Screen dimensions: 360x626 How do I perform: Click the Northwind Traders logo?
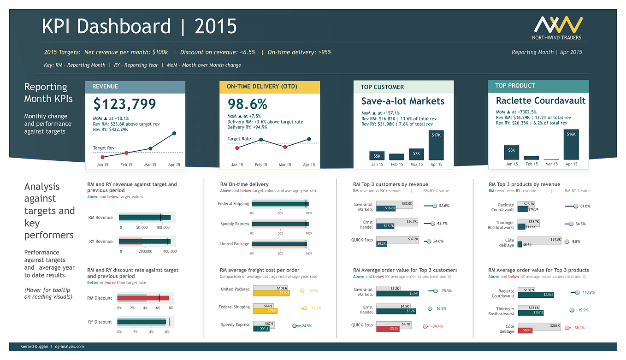tap(557, 28)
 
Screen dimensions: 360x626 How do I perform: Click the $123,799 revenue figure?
tap(124, 104)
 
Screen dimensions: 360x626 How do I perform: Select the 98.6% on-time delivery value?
tap(248, 103)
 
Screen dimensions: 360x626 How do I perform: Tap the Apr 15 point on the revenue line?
tap(174, 133)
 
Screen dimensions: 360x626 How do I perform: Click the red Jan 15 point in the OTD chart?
tap(237, 148)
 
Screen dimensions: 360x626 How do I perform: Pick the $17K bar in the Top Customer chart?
tap(436, 145)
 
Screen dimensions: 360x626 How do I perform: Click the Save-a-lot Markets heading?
tap(402, 101)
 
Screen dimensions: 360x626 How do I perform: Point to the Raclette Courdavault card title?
tap(540, 100)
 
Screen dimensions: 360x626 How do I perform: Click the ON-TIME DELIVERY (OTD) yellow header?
tap(269, 87)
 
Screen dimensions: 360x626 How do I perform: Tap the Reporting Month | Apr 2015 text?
tap(547, 52)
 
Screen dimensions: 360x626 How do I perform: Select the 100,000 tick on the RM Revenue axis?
tap(163, 227)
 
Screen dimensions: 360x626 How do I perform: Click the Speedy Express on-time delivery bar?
tap(279, 224)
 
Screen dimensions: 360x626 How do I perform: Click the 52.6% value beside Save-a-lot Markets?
tap(444, 206)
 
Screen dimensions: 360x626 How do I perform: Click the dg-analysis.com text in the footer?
tap(69, 346)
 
